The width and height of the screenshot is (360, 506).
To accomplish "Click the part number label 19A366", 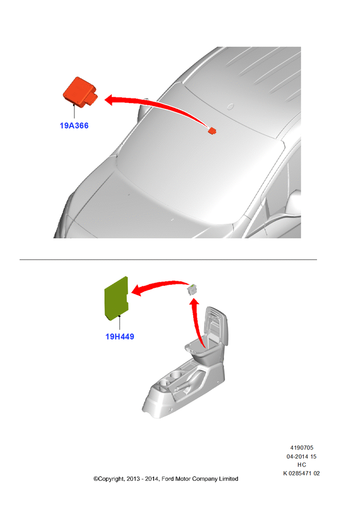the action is [x=74, y=125].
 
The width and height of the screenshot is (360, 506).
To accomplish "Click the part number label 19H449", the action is [x=120, y=336].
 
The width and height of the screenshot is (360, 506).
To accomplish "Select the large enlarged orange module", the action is [x=80, y=92].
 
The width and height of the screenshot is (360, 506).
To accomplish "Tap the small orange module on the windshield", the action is [x=212, y=131].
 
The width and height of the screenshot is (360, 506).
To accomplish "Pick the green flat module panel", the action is [x=116, y=299].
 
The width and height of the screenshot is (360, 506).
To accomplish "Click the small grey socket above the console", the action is [x=192, y=290].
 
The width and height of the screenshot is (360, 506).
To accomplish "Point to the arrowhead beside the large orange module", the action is [x=110, y=100].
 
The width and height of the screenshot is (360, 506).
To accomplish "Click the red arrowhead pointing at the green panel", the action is [x=138, y=290].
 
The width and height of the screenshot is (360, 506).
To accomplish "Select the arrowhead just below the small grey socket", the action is [x=194, y=303].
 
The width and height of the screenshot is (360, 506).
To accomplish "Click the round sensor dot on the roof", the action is [x=230, y=106].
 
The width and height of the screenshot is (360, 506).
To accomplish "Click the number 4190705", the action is [x=302, y=448].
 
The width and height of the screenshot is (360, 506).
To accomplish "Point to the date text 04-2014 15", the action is [x=302, y=456].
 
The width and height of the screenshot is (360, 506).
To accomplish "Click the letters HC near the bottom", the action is [x=302, y=465].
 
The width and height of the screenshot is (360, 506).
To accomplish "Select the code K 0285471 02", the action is [x=302, y=473].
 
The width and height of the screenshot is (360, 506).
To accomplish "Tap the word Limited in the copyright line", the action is [x=229, y=479].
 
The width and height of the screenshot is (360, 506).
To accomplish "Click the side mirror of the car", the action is [x=294, y=202].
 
